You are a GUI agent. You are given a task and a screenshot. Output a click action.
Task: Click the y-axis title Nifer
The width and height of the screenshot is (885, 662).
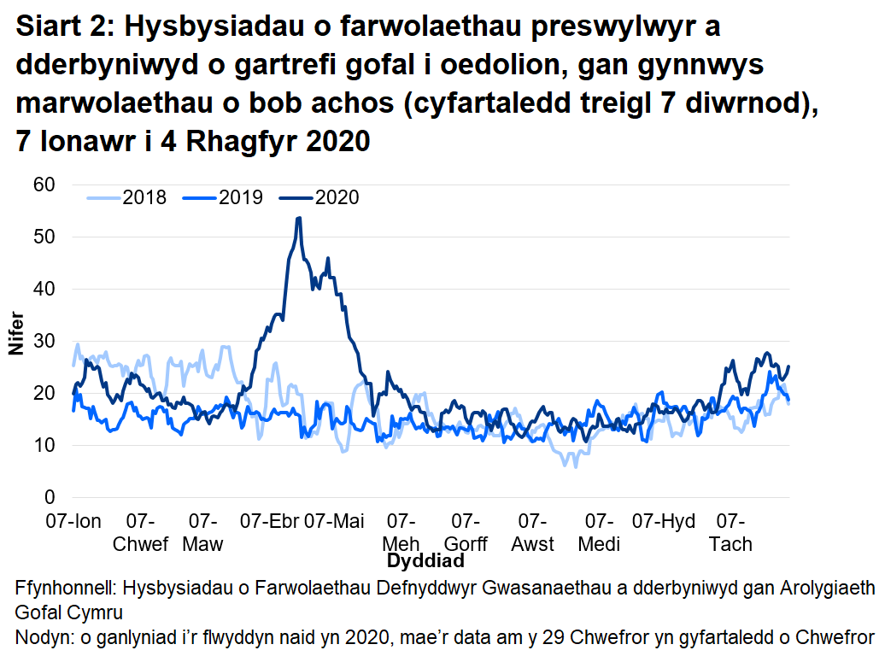15,341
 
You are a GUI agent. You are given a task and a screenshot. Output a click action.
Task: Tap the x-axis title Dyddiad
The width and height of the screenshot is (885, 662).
425,561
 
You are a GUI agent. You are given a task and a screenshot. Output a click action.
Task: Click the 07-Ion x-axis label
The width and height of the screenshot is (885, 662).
73,522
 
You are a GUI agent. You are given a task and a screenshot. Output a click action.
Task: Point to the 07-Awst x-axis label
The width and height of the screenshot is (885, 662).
532,533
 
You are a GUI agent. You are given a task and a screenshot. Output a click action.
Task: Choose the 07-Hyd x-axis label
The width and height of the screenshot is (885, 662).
664,522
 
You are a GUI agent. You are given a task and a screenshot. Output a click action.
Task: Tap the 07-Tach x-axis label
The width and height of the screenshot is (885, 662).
730,533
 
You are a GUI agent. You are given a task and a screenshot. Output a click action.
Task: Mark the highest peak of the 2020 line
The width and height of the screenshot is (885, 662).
298,218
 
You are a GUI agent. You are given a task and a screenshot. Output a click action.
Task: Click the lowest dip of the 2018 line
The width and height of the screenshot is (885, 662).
576,467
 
